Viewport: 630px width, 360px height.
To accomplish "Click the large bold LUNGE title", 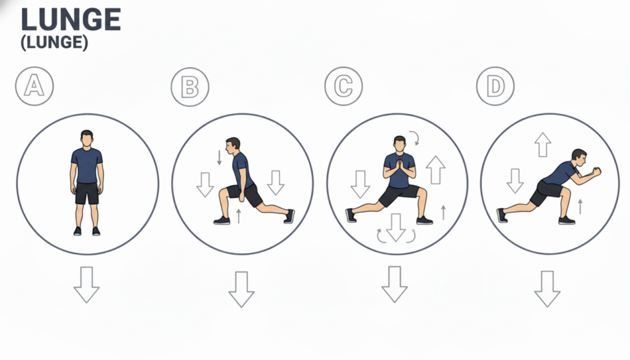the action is point(71,20).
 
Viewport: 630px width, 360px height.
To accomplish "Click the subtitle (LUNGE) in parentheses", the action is point(54,42).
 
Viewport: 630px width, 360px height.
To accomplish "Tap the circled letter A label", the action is point(34,86).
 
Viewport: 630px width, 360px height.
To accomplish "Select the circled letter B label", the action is point(190,87).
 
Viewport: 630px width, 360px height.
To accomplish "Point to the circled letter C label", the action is point(343,86).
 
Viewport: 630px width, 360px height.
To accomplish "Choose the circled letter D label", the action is point(495,86).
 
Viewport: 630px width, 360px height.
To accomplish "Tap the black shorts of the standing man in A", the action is point(87,193).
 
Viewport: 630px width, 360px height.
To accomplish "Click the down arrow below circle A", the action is point(86,284).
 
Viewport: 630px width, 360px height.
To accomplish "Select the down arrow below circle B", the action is point(241,289).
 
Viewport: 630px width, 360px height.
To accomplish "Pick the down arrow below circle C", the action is point(394,284).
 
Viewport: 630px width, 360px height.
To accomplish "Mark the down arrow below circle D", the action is point(547,289).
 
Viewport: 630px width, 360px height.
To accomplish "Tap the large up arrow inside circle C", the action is point(436,170).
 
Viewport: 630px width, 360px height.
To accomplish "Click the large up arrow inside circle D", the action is point(543,145).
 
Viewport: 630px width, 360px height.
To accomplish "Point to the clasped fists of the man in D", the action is point(596,172).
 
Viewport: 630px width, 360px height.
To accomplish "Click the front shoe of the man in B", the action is point(221,220).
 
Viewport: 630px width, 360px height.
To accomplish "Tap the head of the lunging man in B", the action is point(232,146).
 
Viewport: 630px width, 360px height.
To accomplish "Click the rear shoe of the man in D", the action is point(501,215).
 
